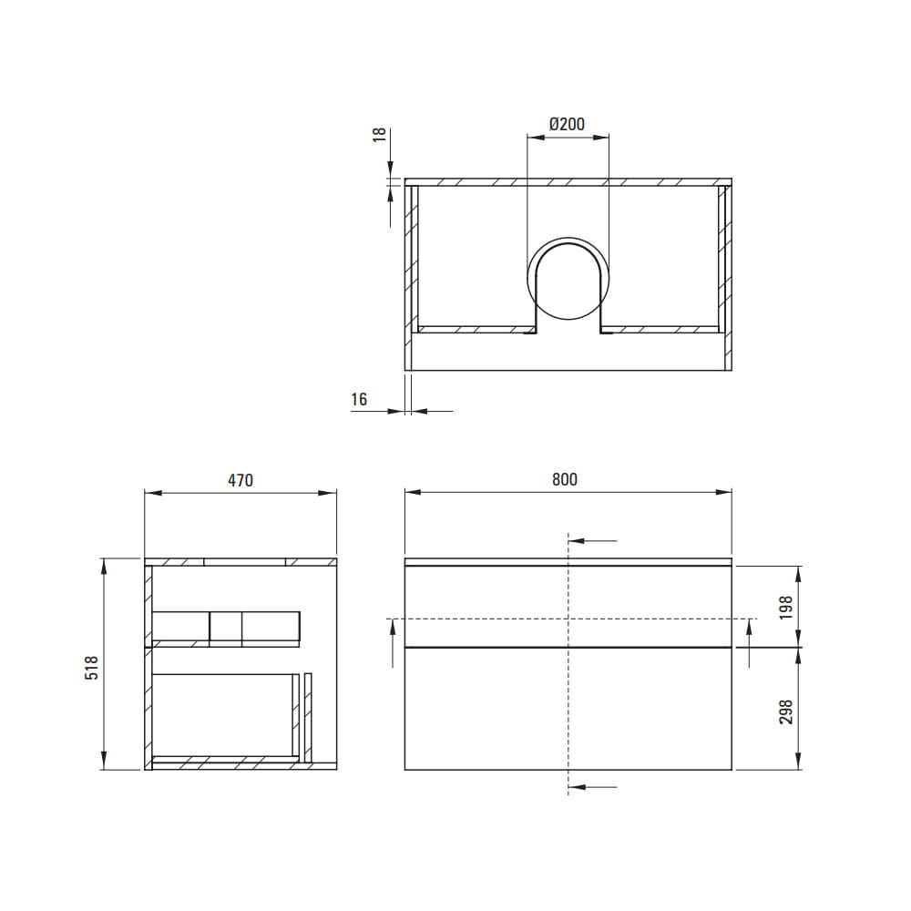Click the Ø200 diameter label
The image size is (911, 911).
pos(567,124)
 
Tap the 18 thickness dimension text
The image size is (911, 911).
pos(379,135)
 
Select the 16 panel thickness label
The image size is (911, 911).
pos(359,399)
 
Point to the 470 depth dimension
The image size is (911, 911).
pos(241,480)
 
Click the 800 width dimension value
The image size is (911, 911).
pos(565,479)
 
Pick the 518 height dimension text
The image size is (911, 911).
pos(92,668)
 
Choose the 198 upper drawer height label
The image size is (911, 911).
pos(786,607)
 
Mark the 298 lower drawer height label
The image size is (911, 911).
pos(786,711)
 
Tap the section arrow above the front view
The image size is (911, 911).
pos(593,541)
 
